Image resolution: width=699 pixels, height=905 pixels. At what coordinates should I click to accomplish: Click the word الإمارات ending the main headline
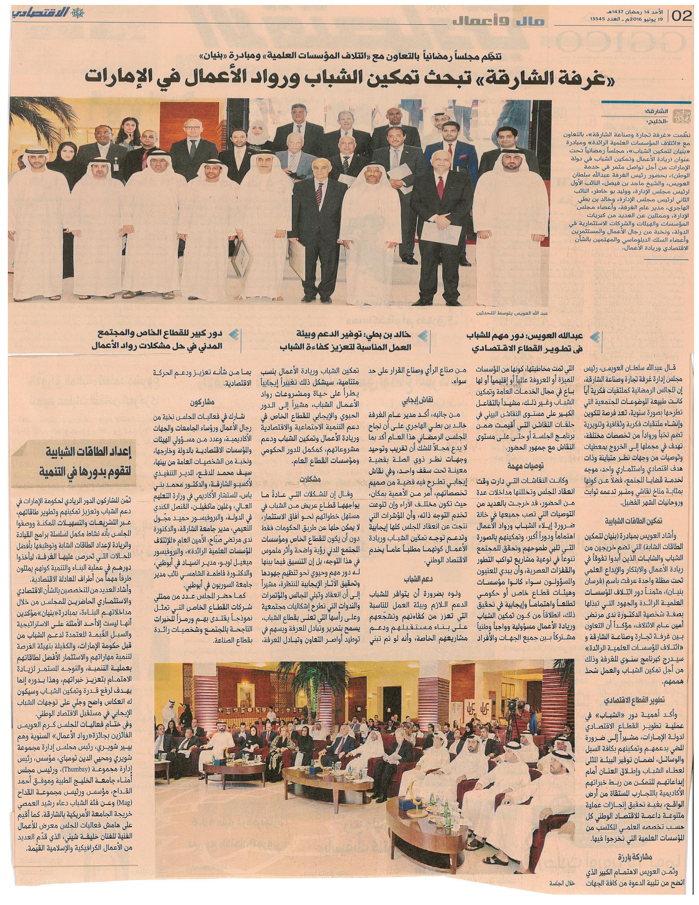coord(123,76)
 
